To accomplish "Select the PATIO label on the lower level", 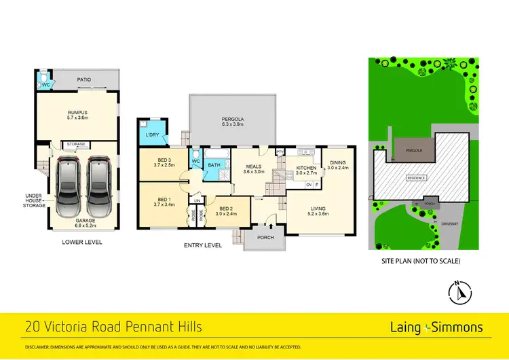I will pyautogui.click(x=83, y=79).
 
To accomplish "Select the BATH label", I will pyautogui.click(x=214, y=164).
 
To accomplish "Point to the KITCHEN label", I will pyautogui.click(x=306, y=168).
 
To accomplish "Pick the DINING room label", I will pyautogui.click(x=337, y=162).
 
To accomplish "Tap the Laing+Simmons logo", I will pyautogui.click(x=436, y=327).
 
